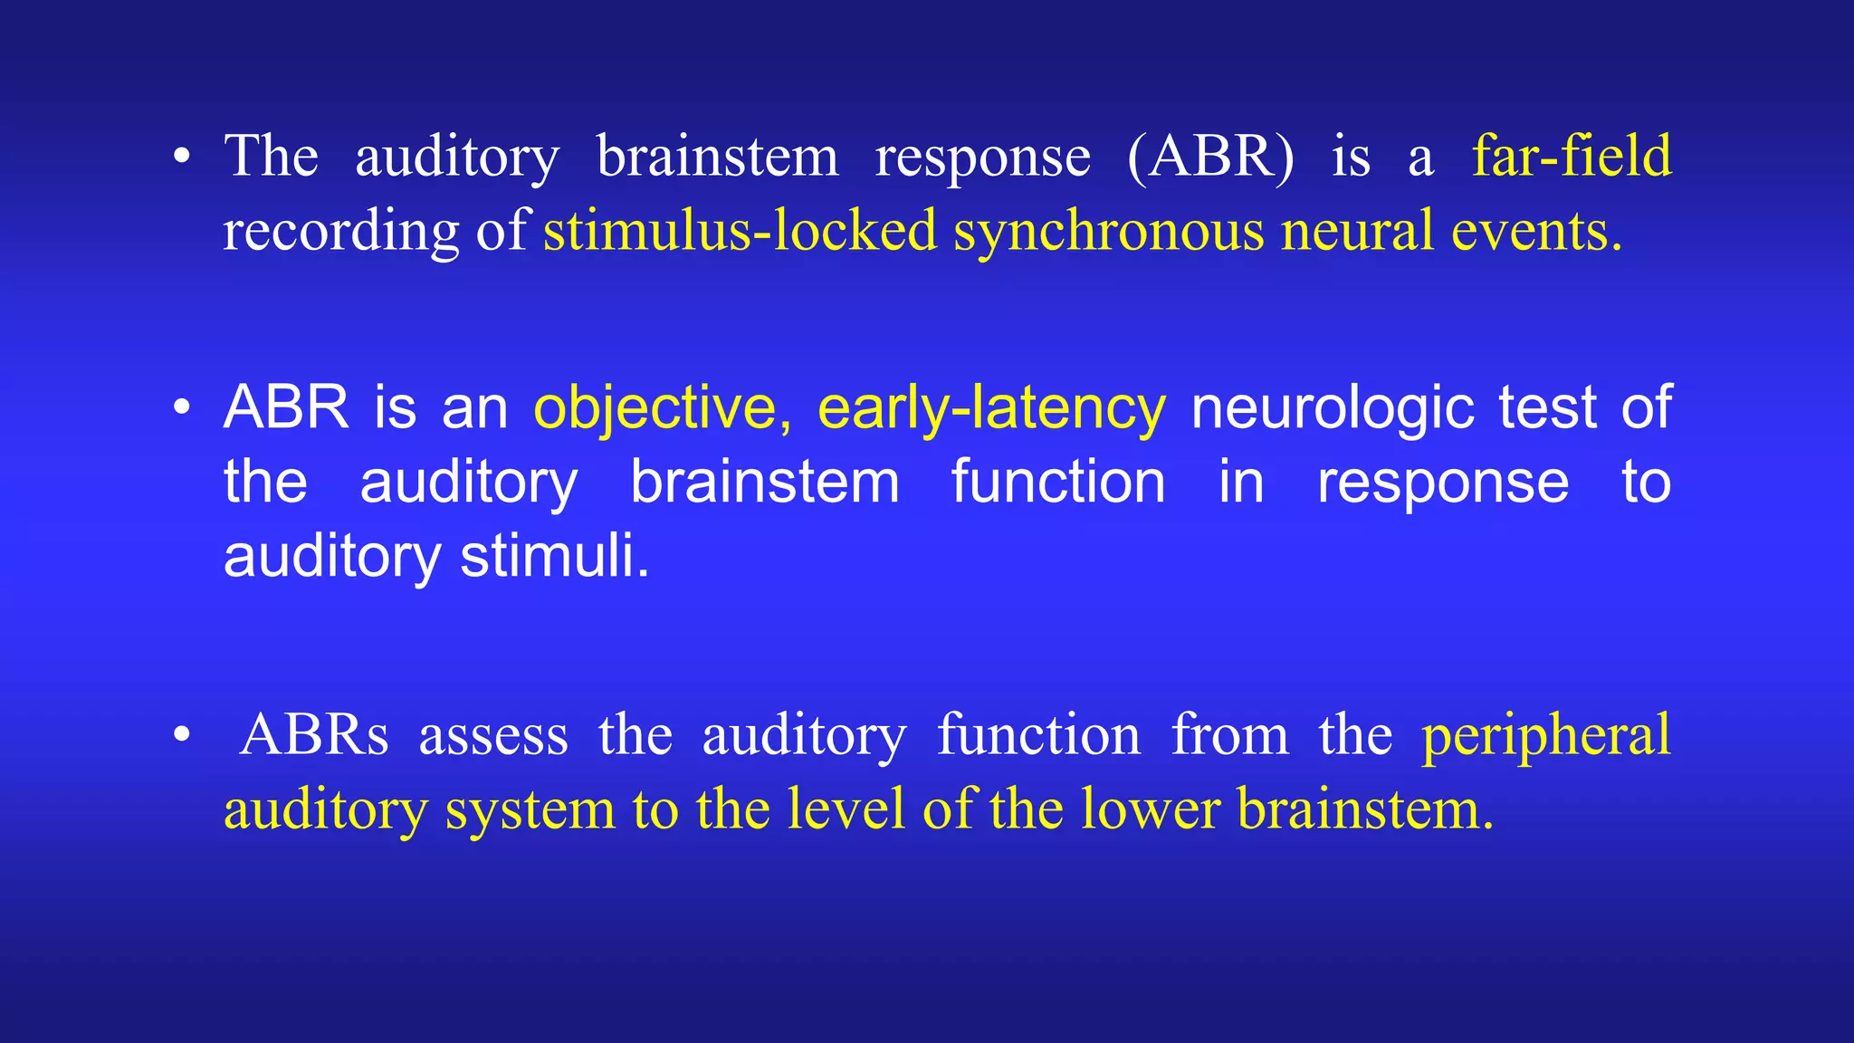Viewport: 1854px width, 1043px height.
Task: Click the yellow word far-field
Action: pyautogui.click(x=1571, y=156)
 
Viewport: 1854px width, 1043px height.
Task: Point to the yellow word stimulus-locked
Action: pyautogui.click(x=740, y=230)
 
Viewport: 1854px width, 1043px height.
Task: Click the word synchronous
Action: pyautogui.click(x=1108, y=232)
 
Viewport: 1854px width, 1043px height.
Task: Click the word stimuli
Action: pyautogui.click(x=555, y=556)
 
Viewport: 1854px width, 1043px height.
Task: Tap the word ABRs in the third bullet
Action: pyautogui.click(x=314, y=734)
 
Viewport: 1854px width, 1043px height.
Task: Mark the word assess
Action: pyautogui.click(x=493, y=736)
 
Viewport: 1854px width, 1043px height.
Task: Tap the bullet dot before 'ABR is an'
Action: pyautogui.click(x=182, y=408)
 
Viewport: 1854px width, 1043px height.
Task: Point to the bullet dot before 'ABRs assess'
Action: pyautogui.click(x=182, y=735)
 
